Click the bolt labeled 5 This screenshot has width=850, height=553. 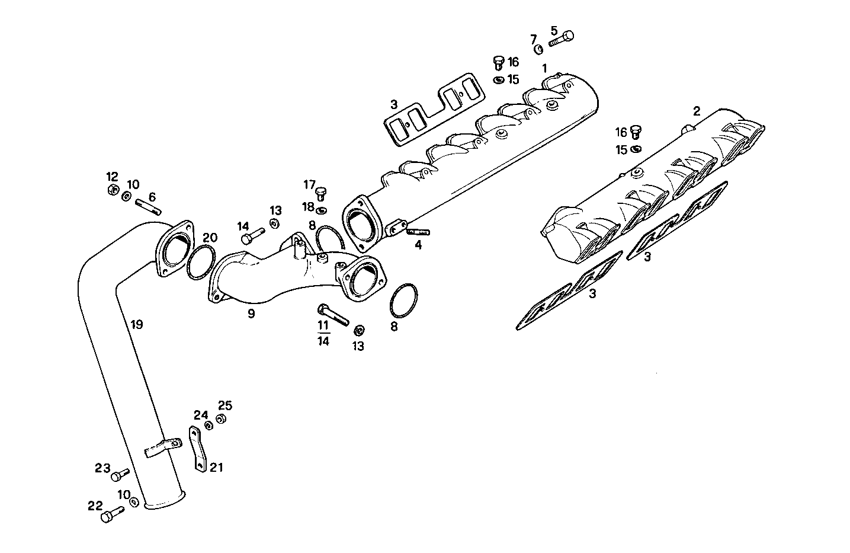562,40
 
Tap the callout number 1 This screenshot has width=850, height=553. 544,69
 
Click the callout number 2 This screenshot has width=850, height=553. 697,111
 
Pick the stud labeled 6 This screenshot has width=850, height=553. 148,205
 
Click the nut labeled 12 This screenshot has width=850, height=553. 112,190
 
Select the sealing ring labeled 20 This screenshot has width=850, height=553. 200,263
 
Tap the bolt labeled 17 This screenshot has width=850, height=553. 322,193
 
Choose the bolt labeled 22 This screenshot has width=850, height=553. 113,514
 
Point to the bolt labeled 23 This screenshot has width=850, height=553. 120,474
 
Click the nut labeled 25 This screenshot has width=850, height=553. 220,419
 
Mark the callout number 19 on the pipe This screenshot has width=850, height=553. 137,324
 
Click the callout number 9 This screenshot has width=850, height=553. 251,314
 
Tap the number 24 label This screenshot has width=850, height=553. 201,415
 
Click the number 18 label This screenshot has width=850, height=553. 308,206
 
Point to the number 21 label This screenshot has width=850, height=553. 216,468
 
